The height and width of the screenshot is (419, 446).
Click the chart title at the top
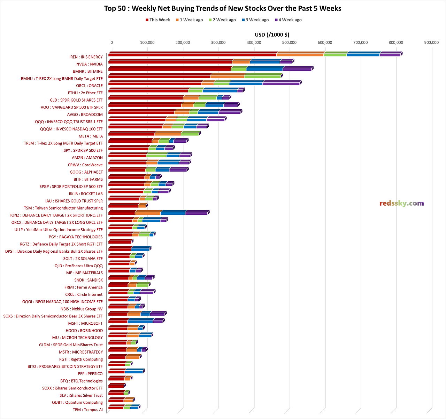(x=223, y=8)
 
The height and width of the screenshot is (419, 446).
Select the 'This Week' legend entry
(x=158, y=20)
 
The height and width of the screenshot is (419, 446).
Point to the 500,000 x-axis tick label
(x=289, y=42)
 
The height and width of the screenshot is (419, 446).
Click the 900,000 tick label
(x=431, y=42)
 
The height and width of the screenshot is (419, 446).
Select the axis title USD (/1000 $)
(x=272, y=34)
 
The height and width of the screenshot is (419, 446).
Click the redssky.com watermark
(x=401, y=204)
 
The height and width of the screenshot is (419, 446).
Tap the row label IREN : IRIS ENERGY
(x=86, y=57)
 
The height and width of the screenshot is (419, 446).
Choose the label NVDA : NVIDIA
(x=90, y=64)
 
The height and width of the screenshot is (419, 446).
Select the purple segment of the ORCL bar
(x=280, y=84)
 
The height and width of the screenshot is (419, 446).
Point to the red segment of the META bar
(x=131, y=134)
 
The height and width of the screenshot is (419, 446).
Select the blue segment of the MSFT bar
(x=140, y=321)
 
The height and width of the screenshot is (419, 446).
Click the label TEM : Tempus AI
(x=88, y=410)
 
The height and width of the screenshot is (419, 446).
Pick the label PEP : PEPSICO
(x=90, y=374)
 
